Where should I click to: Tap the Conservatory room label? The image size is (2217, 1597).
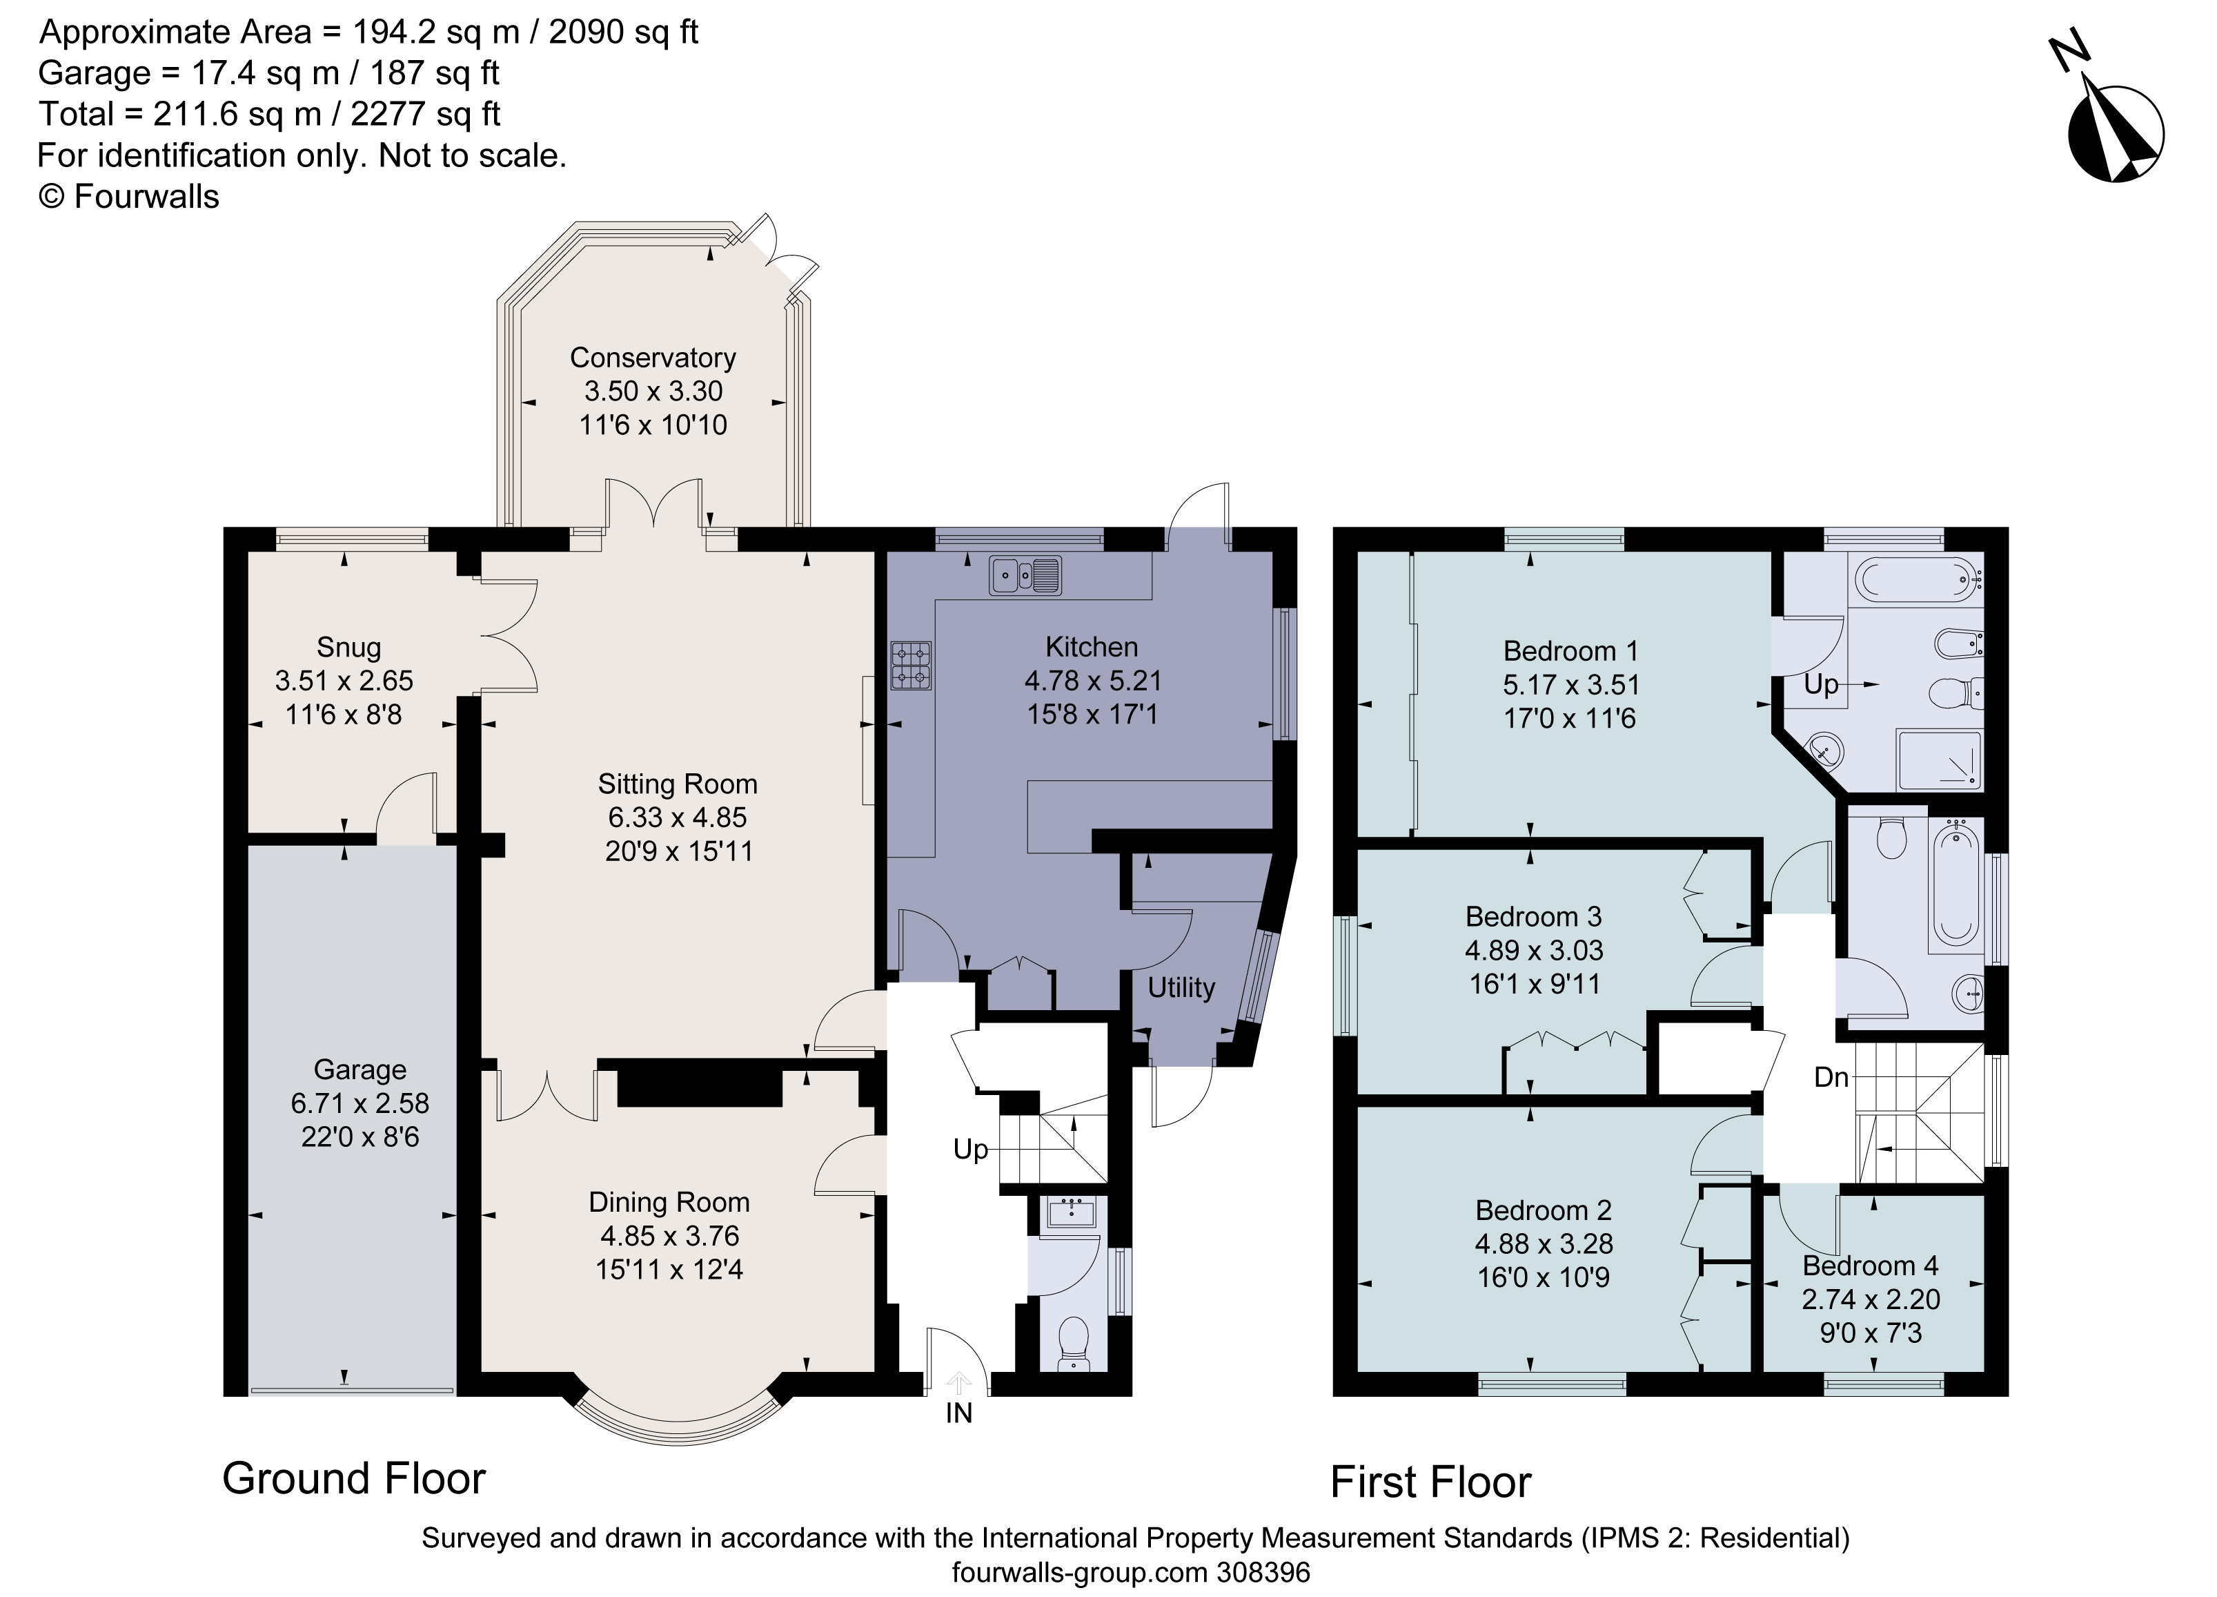(652, 358)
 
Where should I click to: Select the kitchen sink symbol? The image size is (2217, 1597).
(1025, 575)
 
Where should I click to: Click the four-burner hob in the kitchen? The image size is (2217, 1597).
(910, 666)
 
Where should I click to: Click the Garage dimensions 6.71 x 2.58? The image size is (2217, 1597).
(359, 1103)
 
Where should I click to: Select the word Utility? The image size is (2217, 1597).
(1181, 988)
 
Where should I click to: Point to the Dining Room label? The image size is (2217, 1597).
(669, 1202)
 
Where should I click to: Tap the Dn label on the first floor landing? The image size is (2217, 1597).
(1831, 1078)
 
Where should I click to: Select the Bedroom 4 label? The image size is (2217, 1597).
(1870, 1266)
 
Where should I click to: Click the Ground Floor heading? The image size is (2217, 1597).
(354, 1479)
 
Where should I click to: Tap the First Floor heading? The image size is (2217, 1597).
(1430, 1482)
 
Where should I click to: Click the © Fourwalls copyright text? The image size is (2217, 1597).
(129, 197)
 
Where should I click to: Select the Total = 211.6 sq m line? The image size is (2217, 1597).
(270, 115)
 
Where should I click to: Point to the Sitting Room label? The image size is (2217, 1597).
(678, 784)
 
